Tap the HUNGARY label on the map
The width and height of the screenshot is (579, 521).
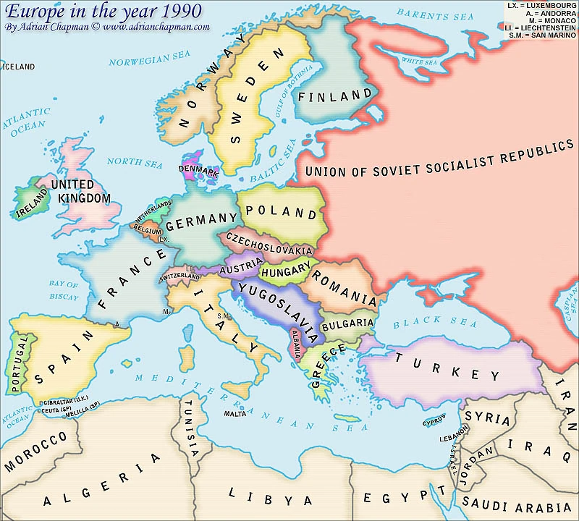[285, 273]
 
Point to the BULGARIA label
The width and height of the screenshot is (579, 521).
[347, 323]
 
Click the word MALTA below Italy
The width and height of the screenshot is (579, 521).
[234, 414]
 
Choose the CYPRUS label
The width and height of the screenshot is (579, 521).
[434, 420]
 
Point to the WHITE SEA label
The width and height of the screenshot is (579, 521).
[420, 62]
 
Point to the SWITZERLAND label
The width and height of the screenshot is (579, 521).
[179, 276]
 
